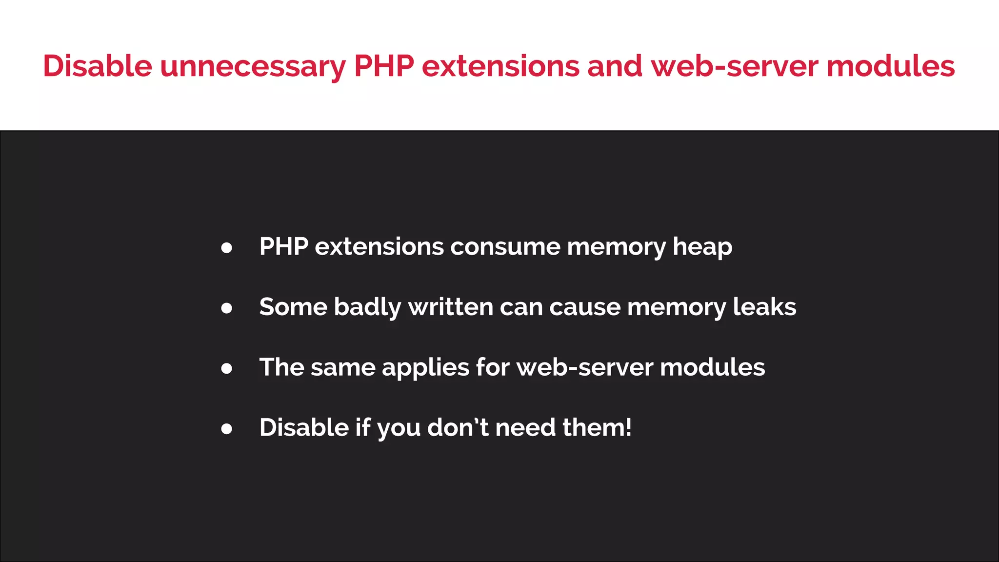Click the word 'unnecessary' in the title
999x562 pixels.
pos(253,66)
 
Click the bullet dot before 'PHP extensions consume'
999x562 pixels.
pos(226,248)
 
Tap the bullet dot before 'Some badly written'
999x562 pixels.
pos(226,308)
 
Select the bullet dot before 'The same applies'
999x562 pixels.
pos(226,368)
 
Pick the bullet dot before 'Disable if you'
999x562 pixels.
pos(226,429)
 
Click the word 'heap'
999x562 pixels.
pos(702,247)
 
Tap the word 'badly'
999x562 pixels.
pos(367,307)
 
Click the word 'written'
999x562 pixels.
pos(451,307)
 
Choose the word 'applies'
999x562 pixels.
pos(425,368)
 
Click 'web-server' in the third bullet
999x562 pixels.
pos(584,367)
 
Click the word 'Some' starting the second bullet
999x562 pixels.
pos(293,307)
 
